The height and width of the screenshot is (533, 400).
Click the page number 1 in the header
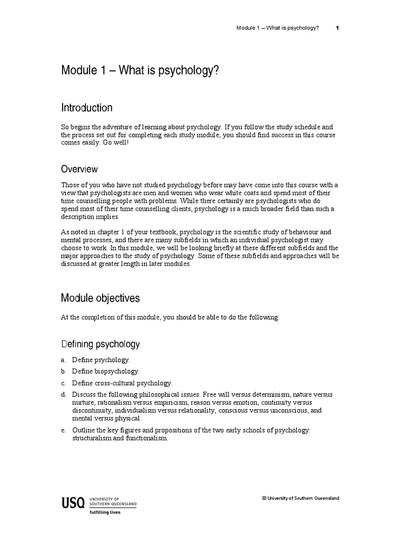click(337, 28)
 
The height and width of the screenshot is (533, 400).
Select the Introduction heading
click(86, 108)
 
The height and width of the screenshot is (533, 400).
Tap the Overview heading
click(79, 169)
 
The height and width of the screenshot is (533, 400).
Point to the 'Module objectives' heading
click(100, 298)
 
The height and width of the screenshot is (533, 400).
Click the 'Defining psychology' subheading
click(100, 344)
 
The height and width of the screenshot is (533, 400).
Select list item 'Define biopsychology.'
click(106, 371)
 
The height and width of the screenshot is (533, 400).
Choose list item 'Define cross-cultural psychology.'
click(122, 383)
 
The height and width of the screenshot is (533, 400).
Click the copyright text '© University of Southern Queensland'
click(301, 498)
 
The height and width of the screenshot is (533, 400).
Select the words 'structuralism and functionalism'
click(120, 438)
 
